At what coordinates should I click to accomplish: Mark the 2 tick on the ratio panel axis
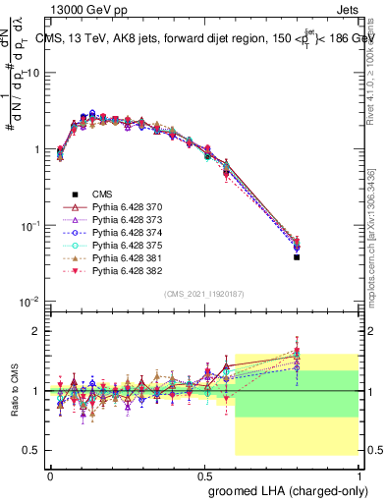pyautogui.click(x=36, y=331)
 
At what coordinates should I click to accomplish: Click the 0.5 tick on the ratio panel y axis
pyautogui.click(x=32, y=450)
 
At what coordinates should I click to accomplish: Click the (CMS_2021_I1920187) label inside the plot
pyautogui.click(x=204, y=293)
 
